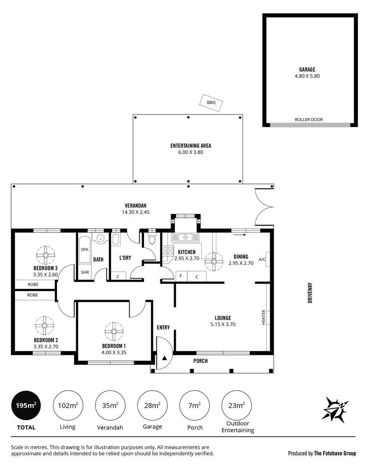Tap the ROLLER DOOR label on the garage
309,120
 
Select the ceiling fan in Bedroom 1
114,331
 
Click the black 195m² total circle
26,406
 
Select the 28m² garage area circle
152,406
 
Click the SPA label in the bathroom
84,249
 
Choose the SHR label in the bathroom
84,272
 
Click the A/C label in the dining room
262,259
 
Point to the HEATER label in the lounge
264,317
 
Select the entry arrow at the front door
164,358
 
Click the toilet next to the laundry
151,241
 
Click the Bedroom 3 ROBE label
33,285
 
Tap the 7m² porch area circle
194,406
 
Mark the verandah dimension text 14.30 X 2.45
135,212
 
